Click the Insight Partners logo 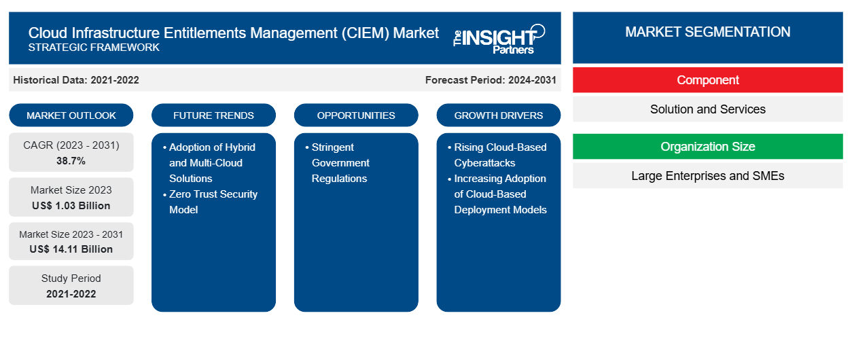pos(499,38)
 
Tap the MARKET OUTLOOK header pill pos(71,115)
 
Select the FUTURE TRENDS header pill pos(213,115)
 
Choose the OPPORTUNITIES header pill pos(356,115)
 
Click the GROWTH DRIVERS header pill pos(499,115)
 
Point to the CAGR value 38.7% pos(71,161)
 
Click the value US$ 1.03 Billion pos(71,206)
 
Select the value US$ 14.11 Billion pos(71,249)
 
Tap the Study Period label pos(71,278)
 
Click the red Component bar pos(707,80)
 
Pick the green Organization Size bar pos(707,147)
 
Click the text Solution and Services pos(707,109)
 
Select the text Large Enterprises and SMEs pos(707,176)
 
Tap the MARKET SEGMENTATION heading pos(707,32)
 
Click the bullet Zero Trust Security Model pos(213,202)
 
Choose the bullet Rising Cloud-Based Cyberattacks pos(499,155)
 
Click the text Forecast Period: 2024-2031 pos(491,80)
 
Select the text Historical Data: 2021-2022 pos(76,80)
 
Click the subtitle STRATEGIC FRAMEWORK pos(94,48)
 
